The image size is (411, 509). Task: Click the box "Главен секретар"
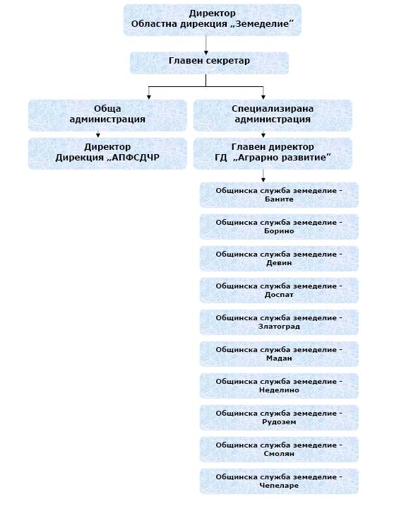209,63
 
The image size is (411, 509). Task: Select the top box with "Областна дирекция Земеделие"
212,20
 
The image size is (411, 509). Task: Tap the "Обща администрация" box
107,115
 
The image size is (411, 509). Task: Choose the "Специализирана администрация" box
273,115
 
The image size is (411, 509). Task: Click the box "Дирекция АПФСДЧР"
107,153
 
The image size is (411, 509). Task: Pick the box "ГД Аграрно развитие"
273,153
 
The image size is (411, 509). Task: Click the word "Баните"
279,199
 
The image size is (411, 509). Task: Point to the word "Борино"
279,231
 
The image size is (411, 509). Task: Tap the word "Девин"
279,263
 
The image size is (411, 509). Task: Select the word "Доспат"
279,295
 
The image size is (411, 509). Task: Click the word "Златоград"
279,327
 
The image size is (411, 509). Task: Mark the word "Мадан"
279,358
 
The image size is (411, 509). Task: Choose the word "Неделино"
279,390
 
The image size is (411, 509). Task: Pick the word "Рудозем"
279,422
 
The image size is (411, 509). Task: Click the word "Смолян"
279,454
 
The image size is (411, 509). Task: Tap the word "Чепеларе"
279,486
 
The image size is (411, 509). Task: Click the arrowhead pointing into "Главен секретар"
206,52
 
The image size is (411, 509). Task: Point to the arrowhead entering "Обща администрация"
149,97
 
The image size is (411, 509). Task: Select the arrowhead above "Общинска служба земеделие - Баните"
263,180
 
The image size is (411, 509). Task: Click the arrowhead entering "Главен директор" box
263,135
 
